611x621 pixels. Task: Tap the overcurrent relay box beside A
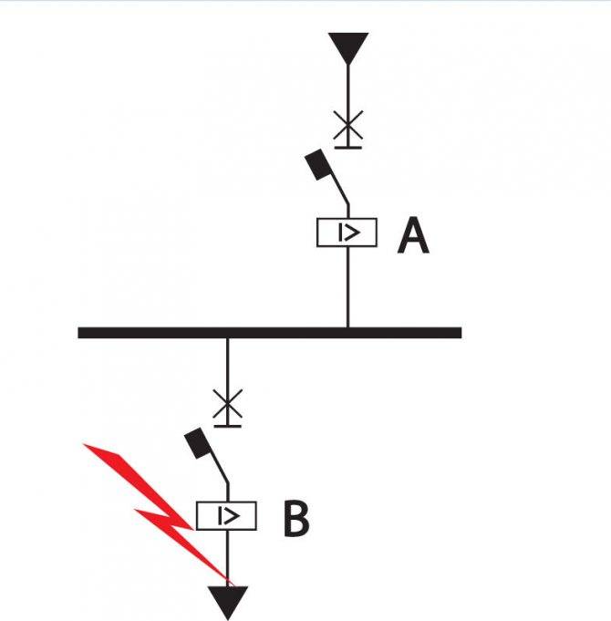[347, 233]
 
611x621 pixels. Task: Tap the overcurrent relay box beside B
[227, 516]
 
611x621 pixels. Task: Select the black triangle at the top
[347, 45]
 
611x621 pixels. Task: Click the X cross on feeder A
[347, 127]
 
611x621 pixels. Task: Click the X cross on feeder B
[227, 403]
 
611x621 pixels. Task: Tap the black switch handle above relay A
[318, 165]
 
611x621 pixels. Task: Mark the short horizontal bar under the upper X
[347, 144]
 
